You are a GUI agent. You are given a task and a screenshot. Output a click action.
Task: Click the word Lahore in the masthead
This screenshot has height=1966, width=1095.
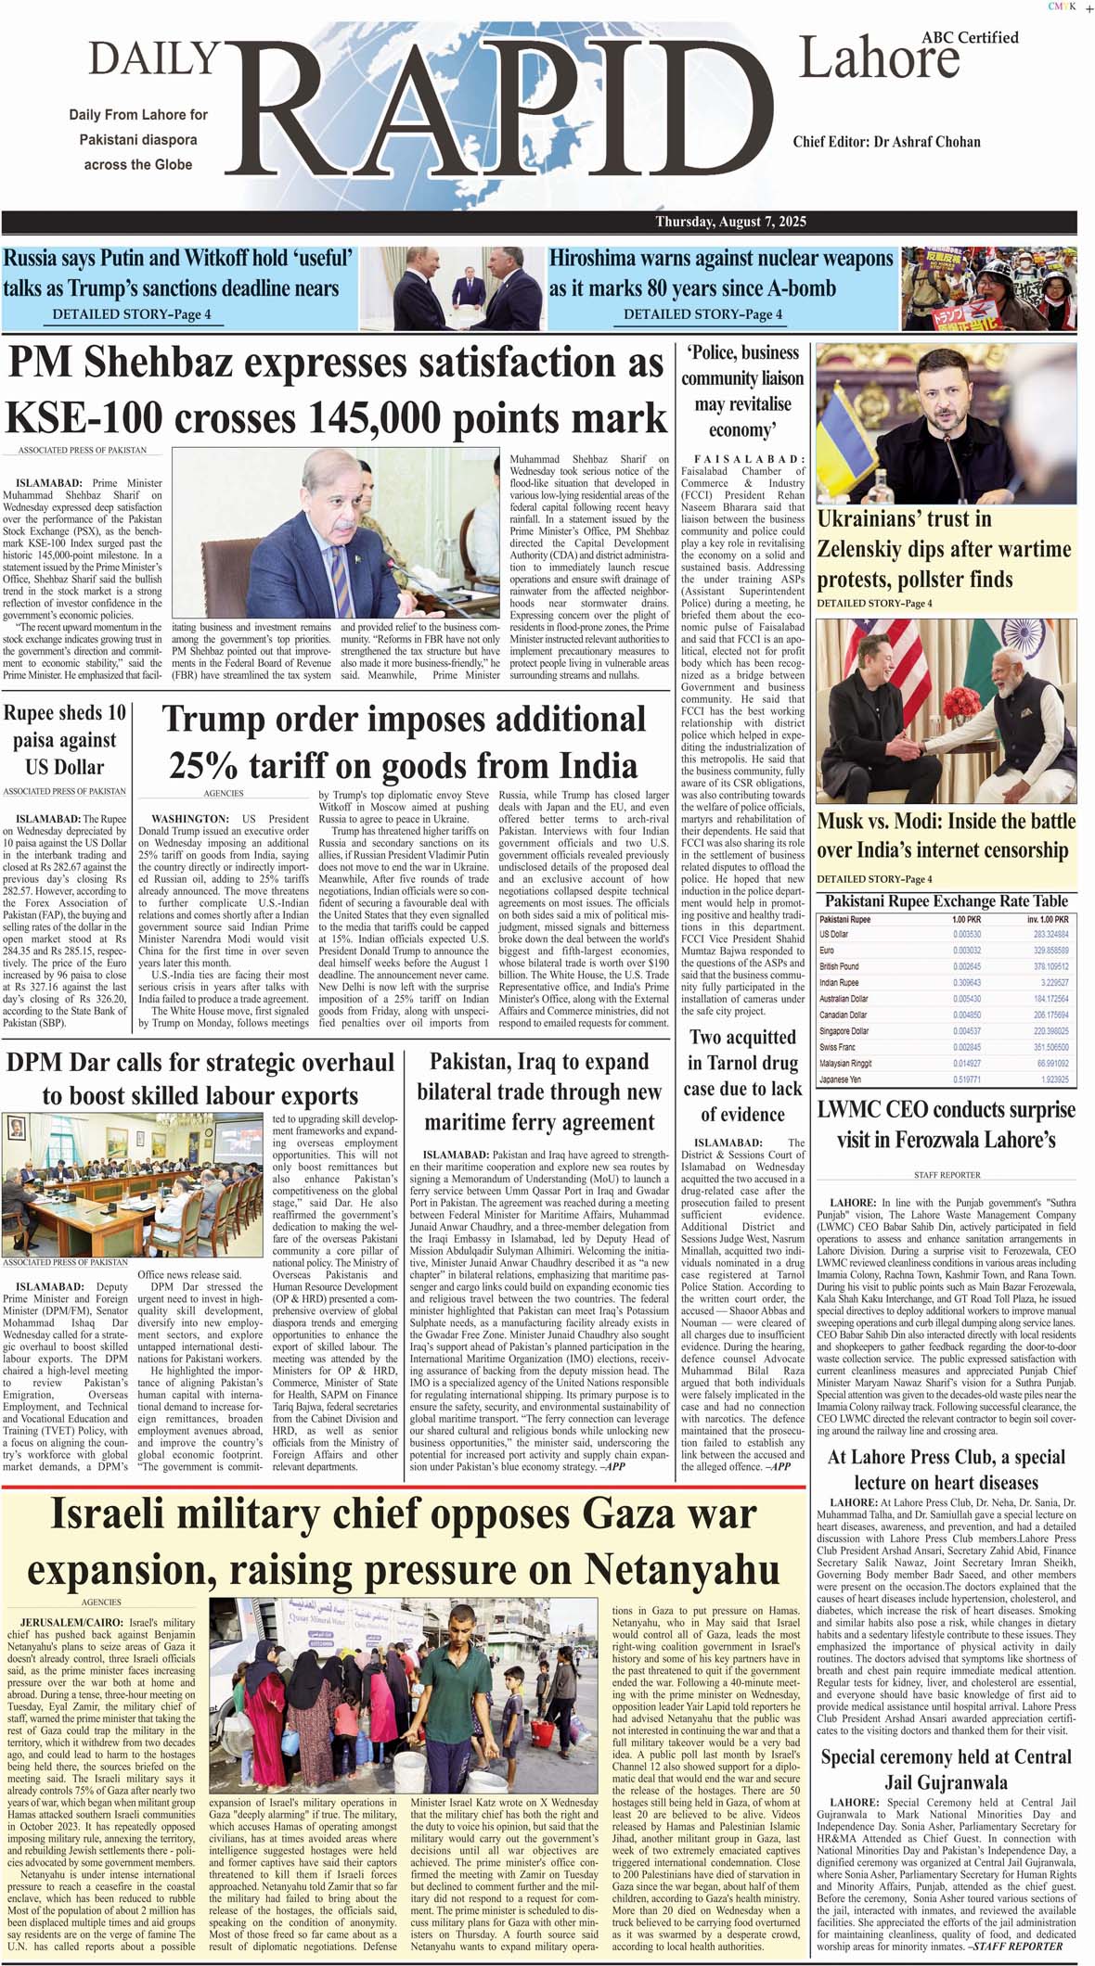[x=878, y=60]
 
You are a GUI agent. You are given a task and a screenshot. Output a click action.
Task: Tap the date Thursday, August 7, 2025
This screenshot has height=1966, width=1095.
[x=730, y=222]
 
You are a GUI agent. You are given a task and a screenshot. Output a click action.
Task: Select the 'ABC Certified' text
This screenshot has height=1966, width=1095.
[x=970, y=38]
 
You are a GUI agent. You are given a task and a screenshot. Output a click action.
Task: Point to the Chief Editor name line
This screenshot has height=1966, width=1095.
[x=886, y=142]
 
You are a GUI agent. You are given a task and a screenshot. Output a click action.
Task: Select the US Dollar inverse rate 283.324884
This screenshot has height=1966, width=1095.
[x=1050, y=935]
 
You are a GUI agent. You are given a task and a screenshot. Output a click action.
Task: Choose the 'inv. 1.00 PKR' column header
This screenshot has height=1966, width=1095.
[x=1047, y=919]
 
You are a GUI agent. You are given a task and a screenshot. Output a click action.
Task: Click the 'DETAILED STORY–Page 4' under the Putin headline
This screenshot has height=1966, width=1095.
[x=131, y=314]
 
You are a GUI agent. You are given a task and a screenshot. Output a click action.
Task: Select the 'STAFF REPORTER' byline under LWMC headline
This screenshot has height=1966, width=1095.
[x=947, y=1175]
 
